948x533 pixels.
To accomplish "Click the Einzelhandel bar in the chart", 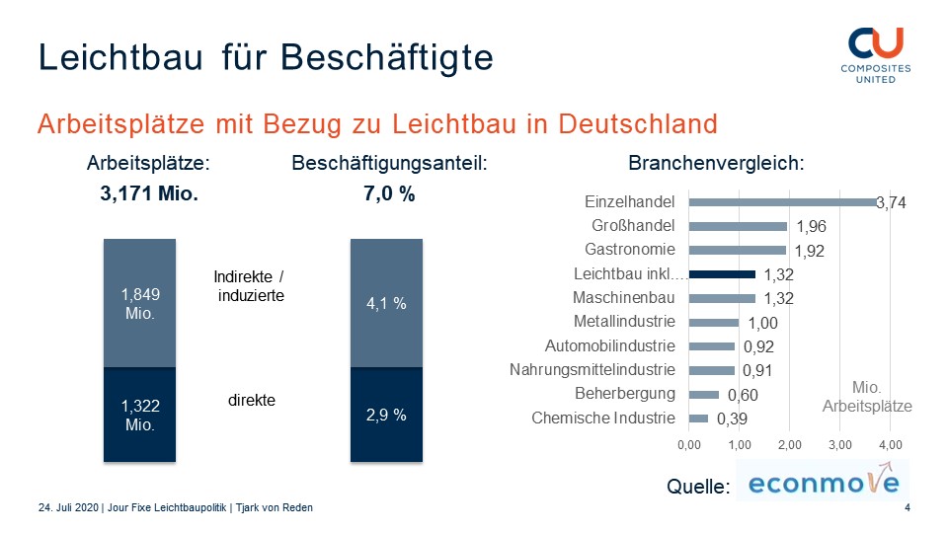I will coord(782,201).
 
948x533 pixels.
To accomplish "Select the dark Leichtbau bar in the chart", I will coord(722,274).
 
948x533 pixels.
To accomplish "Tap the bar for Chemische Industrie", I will coord(698,419).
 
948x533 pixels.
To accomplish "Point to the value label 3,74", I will coord(891,203).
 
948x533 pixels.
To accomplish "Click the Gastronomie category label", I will coord(629,250).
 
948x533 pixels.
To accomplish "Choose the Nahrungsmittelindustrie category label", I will coord(592,370).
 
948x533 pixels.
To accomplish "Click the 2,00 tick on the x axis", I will coord(789,445).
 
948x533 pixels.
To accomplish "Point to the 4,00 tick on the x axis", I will coord(890,445).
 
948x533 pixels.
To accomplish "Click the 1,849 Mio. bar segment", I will coord(140,303).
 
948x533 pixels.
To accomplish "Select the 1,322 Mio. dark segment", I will coord(140,415).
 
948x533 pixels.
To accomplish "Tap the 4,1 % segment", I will coord(387,303).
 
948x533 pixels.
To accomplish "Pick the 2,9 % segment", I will coord(387,415).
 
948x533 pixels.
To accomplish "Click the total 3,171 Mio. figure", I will coord(150,194).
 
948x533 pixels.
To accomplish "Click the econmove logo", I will coord(823,483).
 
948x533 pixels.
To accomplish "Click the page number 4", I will coord(908,507).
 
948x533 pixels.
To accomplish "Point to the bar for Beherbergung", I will coord(703,395).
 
